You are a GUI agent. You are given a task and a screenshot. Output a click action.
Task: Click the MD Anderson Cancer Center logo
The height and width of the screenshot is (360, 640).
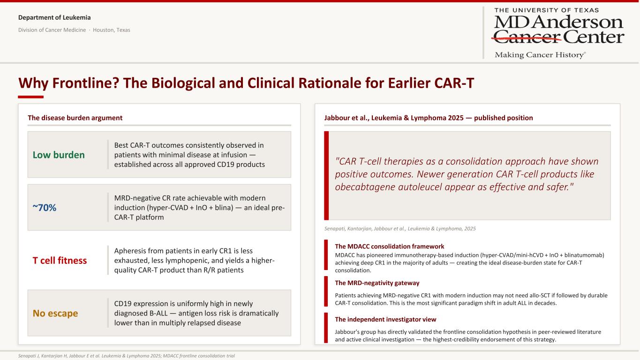pyautogui.click(x=559, y=33)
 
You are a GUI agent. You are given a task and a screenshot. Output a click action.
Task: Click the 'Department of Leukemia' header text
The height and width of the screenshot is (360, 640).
pyautogui.click(x=54, y=17)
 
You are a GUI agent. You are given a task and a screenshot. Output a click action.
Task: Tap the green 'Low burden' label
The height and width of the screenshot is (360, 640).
pyautogui.click(x=59, y=155)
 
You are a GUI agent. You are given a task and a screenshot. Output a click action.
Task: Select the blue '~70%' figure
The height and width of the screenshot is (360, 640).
pyautogui.click(x=44, y=208)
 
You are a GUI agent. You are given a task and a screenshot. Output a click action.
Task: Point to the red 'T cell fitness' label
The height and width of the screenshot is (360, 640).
pyautogui.click(x=60, y=260)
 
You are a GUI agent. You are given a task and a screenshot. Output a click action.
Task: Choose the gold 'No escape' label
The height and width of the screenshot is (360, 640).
pyautogui.click(x=55, y=313)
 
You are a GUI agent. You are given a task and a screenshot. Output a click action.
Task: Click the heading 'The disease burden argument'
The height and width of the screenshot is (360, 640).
pyautogui.click(x=75, y=118)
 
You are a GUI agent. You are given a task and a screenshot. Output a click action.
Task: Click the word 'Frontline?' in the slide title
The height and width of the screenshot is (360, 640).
pyautogui.click(x=85, y=83)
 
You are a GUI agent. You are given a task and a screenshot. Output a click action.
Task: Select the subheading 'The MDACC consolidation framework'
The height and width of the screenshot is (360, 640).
pyautogui.click(x=390, y=246)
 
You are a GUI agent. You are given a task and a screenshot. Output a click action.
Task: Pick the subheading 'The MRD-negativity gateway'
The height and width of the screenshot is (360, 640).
pyautogui.click(x=377, y=283)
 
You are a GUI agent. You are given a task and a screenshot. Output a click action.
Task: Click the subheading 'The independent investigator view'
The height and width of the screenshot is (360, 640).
pyautogui.click(x=385, y=319)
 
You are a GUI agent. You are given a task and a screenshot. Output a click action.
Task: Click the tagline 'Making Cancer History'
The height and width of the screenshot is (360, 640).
pyautogui.click(x=540, y=55)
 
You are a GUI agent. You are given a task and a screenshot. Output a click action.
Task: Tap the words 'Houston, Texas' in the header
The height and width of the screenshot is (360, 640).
pyautogui.click(x=112, y=30)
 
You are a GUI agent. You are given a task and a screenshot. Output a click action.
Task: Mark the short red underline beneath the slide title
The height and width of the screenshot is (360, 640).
pyautogui.click(x=31, y=97)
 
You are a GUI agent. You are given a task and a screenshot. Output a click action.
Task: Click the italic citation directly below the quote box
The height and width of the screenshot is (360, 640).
pyautogui.click(x=400, y=229)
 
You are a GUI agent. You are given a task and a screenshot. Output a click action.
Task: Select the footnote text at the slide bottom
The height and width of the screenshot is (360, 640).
pyautogui.click(x=126, y=356)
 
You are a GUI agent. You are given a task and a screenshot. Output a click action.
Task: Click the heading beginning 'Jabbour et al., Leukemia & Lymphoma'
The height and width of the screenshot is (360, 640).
pyautogui.click(x=429, y=118)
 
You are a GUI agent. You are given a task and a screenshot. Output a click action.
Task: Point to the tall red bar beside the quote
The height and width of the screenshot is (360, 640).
pyautogui.click(x=326, y=175)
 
